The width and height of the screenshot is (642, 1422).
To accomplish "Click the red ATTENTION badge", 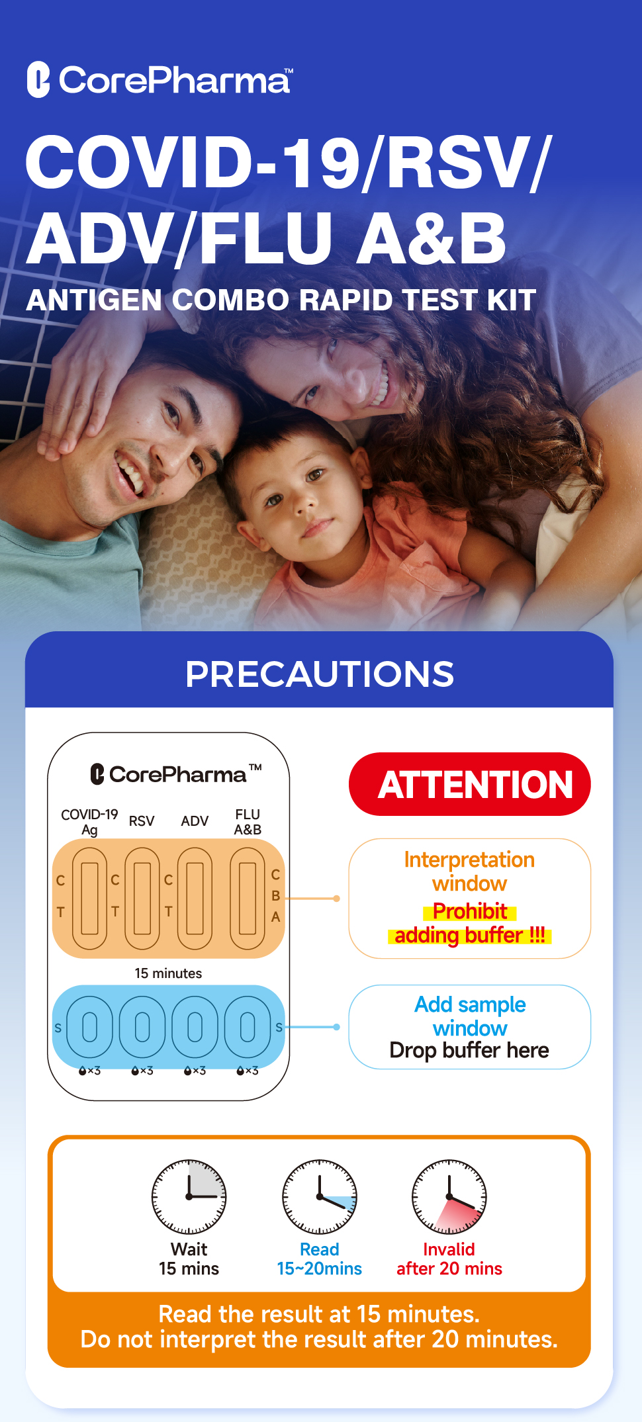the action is [x=469, y=784].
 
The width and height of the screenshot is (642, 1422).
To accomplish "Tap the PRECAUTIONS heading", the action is [x=320, y=674].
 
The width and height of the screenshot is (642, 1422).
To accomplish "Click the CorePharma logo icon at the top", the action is [x=38, y=79].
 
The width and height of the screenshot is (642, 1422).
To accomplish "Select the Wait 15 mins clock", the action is [x=189, y=1196].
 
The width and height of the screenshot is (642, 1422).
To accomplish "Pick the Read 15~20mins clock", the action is [x=320, y=1196].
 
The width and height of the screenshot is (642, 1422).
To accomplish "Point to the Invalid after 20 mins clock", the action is [x=449, y=1196].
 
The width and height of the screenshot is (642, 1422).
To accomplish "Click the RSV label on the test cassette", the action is [x=142, y=821].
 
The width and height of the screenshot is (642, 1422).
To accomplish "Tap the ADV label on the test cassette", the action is [x=195, y=821].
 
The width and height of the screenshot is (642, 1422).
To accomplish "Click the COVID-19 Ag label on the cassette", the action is [x=89, y=822].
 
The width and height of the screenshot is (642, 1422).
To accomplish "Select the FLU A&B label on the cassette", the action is [x=248, y=822].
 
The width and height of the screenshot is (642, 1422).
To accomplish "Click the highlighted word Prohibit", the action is [x=470, y=911].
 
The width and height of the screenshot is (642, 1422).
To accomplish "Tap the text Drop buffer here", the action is [x=469, y=1050].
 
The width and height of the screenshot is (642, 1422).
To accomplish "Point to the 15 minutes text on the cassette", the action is [x=168, y=973].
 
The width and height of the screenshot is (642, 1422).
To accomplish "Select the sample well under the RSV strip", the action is [x=142, y=1027].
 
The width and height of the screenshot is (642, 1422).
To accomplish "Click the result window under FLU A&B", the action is [x=248, y=898].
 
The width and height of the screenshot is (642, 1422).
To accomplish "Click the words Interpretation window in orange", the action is [x=469, y=871].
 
